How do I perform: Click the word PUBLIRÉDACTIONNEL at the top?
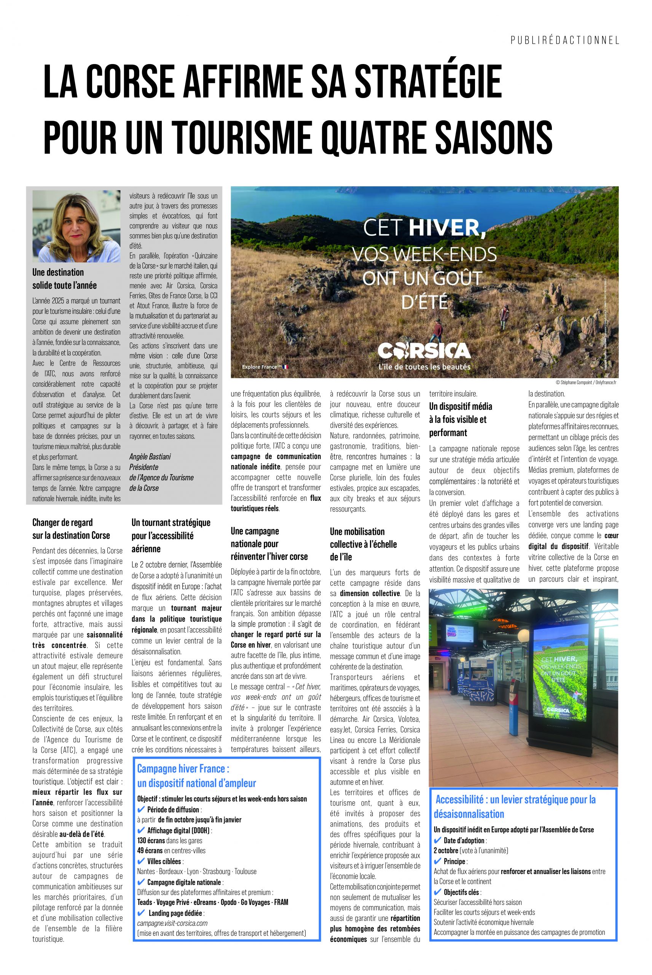(x=565, y=40)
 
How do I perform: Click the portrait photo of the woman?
(x=76, y=226)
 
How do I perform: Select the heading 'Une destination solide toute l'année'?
(x=64, y=279)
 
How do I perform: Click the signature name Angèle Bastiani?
(x=150, y=456)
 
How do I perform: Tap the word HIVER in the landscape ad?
(x=447, y=227)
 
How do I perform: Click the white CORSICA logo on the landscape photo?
(x=424, y=351)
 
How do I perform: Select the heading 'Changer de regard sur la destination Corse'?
(x=71, y=529)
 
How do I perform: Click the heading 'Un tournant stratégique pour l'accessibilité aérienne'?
(x=171, y=535)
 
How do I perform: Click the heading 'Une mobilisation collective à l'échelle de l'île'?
(x=363, y=544)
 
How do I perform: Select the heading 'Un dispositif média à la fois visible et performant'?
(x=460, y=419)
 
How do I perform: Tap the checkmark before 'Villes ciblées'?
(x=141, y=862)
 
